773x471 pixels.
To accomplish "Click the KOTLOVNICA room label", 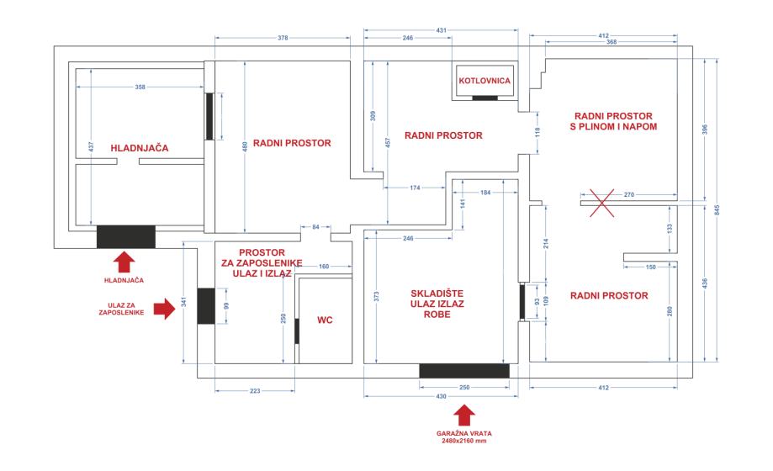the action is coord(484,81).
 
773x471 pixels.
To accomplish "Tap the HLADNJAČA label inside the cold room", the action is coord(140,148).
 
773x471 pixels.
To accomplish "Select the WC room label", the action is coord(325,320).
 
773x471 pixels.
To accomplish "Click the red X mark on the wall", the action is coord(602,203).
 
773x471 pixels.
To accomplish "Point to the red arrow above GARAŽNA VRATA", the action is coord(464,415).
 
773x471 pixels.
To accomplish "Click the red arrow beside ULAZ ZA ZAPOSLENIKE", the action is coord(164,309).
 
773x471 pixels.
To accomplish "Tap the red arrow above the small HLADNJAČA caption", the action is coord(124,262).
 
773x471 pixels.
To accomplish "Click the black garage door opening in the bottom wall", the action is coord(464,371).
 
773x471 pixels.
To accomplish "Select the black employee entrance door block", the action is coord(206,306).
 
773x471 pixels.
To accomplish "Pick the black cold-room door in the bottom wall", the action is coord(125,236).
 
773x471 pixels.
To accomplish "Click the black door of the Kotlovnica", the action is coord(485,98).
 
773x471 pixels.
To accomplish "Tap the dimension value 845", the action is coord(717,209).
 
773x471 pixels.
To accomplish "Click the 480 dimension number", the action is coord(245,146).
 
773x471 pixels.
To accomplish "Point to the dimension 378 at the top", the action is coord(283,38).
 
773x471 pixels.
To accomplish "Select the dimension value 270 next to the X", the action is coord(629,195).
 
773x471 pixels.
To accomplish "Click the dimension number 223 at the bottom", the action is coord(255,390).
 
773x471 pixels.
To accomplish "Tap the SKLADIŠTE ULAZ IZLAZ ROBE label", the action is coord(437,304).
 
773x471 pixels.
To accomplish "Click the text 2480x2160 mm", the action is coord(464,441).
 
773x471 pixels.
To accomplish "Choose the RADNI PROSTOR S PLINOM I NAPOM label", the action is coord(613,121).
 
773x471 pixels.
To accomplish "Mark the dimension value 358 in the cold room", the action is coord(140,87).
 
